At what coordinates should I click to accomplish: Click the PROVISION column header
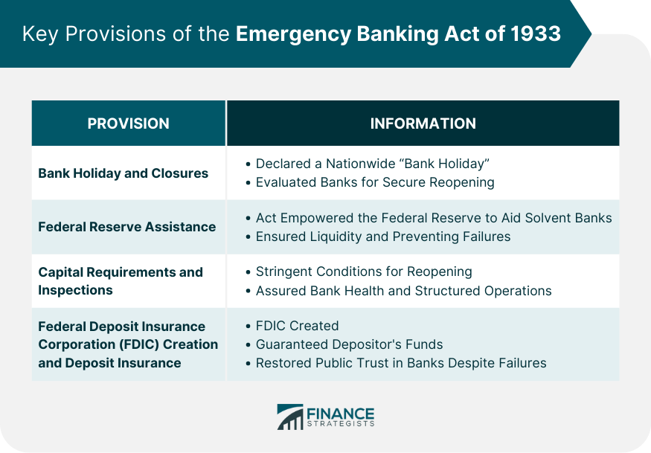(x=128, y=123)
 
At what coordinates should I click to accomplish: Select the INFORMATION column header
(x=423, y=123)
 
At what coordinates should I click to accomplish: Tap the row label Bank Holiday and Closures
(x=124, y=173)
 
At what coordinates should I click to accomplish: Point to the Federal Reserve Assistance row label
(x=127, y=227)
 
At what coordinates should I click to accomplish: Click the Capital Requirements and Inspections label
(x=121, y=281)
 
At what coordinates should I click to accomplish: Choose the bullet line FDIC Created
(x=297, y=326)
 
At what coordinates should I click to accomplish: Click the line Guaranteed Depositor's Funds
(x=349, y=344)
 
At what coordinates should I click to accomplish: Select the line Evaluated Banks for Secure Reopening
(x=375, y=182)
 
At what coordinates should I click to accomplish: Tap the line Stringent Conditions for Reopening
(x=364, y=272)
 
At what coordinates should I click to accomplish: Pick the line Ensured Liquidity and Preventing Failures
(x=383, y=237)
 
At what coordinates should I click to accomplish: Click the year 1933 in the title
(x=536, y=33)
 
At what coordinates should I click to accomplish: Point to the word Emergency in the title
(x=294, y=34)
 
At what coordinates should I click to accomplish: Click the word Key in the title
(x=40, y=34)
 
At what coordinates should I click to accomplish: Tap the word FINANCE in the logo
(x=341, y=414)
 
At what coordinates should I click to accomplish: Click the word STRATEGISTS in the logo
(x=341, y=423)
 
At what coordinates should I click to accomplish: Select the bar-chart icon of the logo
(x=290, y=417)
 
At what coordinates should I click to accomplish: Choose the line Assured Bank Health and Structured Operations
(x=403, y=291)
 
